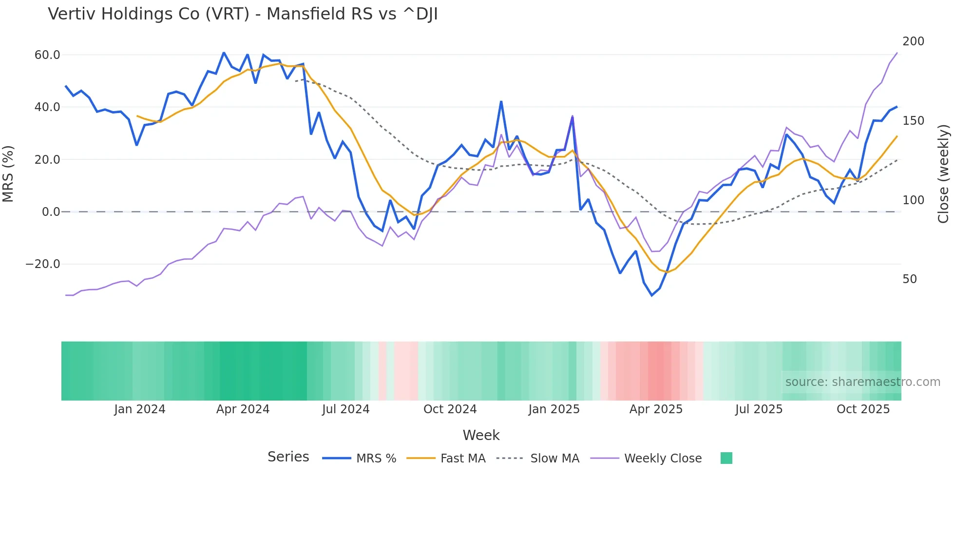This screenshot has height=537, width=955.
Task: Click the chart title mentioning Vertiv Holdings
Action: [243, 14]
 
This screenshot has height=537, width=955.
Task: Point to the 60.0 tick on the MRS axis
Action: [47, 55]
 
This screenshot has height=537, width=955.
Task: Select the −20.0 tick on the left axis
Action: [43, 264]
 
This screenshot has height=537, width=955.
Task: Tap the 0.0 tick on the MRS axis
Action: [51, 212]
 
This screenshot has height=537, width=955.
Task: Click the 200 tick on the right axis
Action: [913, 41]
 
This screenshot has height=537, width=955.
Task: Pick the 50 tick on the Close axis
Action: [910, 279]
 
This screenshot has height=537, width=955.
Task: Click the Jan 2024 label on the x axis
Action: [140, 409]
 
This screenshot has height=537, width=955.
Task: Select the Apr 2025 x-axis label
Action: [656, 409]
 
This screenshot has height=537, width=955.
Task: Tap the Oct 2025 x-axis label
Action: [863, 409]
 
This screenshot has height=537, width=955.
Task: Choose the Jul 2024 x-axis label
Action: [345, 409]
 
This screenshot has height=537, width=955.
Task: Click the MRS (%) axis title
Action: [8, 173]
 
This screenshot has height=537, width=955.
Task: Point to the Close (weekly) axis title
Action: [943, 173]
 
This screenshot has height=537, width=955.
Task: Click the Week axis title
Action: [481, 435]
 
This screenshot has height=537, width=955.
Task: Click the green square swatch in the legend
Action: [726, 458]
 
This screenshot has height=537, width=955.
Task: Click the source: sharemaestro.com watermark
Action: [862, 382]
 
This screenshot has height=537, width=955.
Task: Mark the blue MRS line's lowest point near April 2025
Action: [652, 295]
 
